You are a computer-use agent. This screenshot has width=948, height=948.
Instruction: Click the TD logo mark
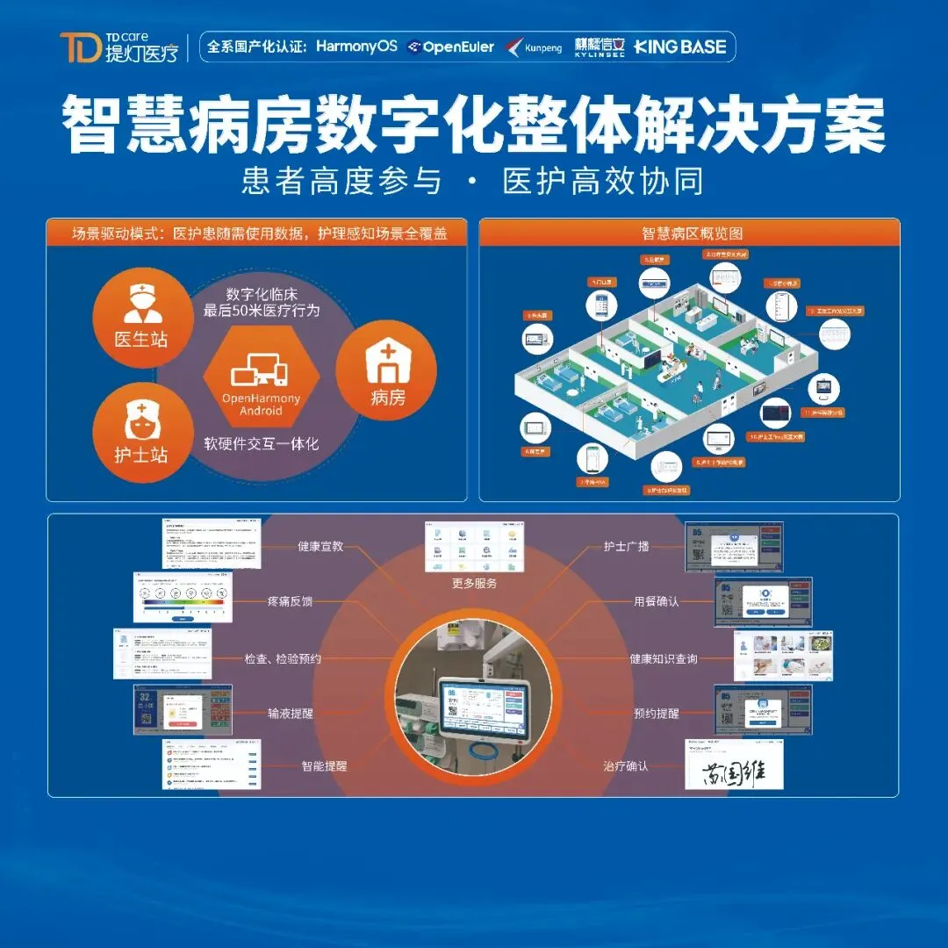click(80, 47)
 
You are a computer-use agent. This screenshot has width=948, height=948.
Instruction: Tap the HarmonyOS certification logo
click(356, 47)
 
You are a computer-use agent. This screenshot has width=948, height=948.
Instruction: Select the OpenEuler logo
click(452, 47)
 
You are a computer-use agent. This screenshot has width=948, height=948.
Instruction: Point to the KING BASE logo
click(680, 47)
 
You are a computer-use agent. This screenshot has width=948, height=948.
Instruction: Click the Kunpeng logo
click(535, 47)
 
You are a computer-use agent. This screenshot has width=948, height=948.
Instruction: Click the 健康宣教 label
click(320, 546)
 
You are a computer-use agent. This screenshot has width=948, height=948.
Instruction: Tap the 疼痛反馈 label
click(290, 602)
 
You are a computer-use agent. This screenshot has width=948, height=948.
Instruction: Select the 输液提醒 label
click(290, 714)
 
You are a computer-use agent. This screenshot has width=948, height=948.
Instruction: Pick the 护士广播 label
click(627, 546)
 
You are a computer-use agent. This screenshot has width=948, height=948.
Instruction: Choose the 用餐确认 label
click(657, 602)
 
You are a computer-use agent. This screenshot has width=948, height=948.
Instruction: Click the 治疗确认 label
click(626, 766)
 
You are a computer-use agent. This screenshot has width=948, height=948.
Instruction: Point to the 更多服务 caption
click(474, 584)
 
